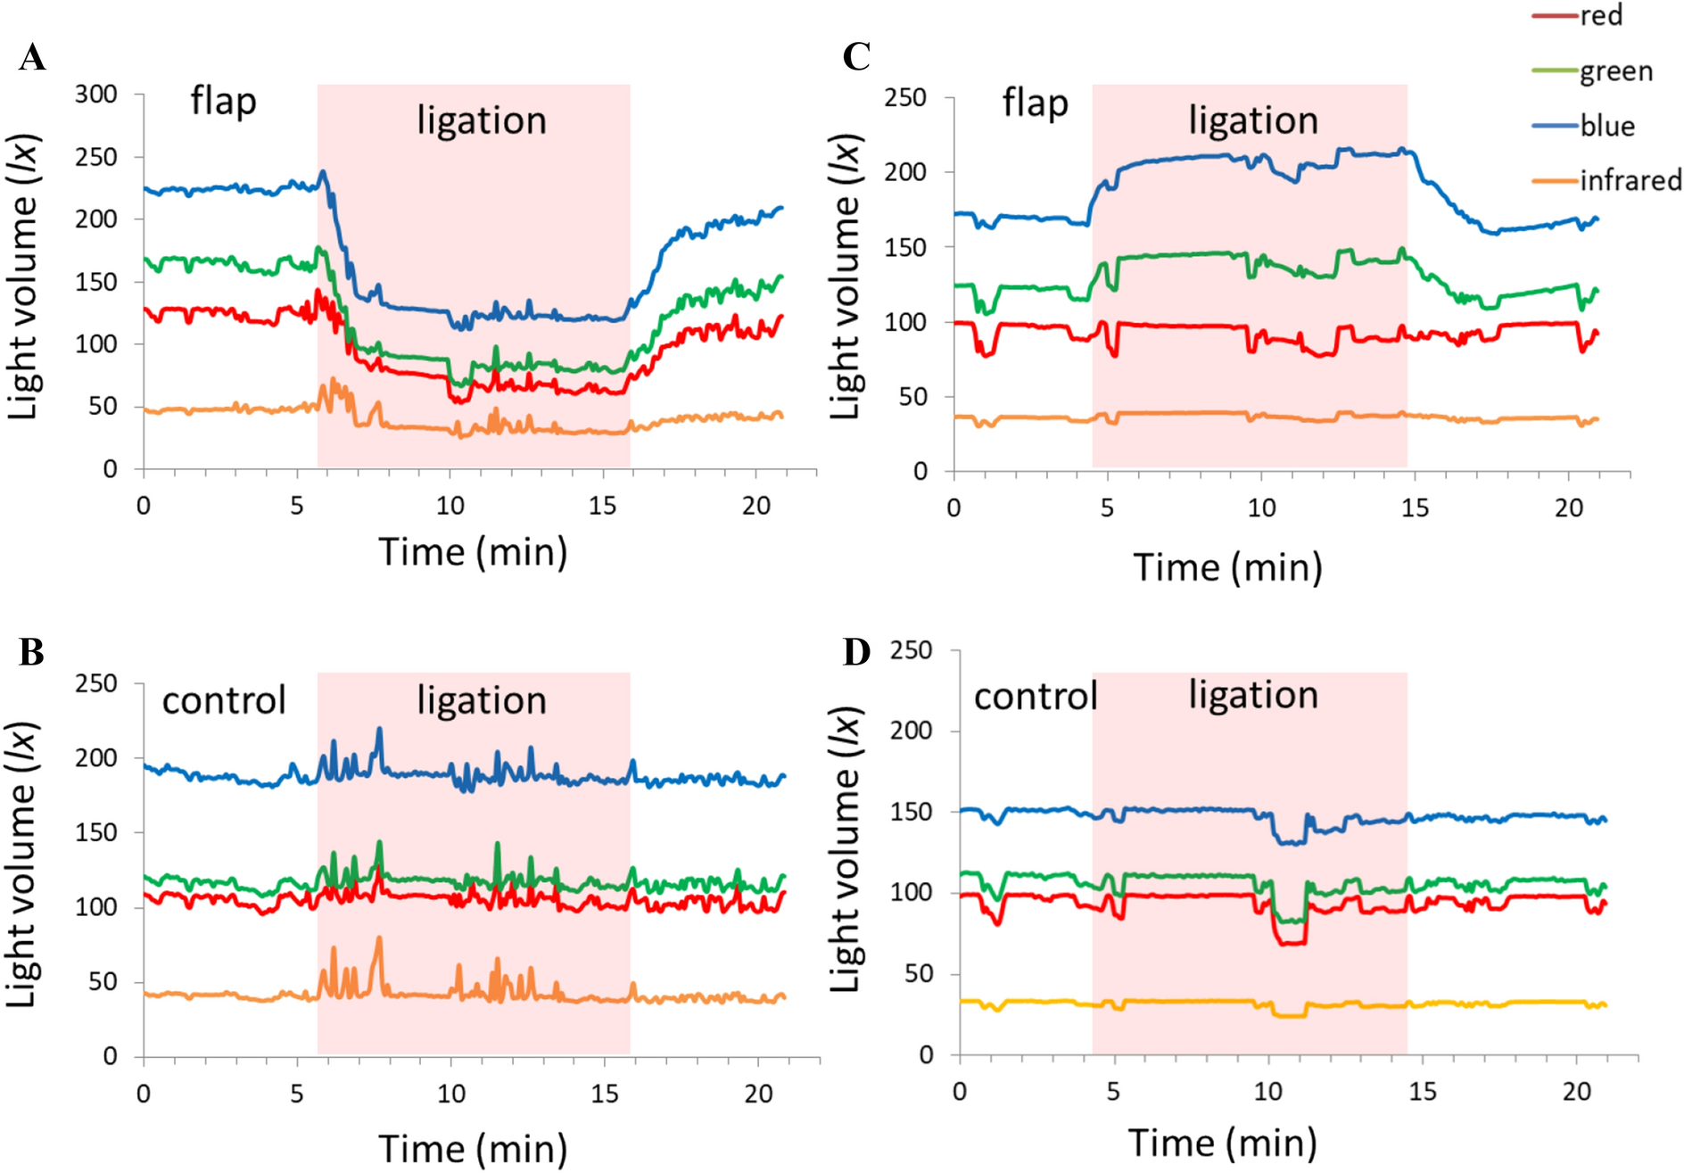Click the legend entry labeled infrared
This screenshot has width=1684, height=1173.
pyautogui.click(x=1630, y=180)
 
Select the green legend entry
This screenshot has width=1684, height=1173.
pyautogui.click(x=1615, y=71)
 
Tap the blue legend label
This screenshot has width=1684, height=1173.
pyautogui.click(x=1607, y=126)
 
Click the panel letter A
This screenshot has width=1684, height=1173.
pyautogui.click(x=32, y=58)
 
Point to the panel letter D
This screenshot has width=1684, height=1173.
pyautogui.click(x=856, y=652)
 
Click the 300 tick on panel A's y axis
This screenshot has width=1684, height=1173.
pyautogui.click(x=95, y=94)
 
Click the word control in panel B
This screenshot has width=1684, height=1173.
pyautogui.click(x=223, y=700)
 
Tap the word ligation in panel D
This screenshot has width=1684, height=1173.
pyautogui.click(x=1252, y=695)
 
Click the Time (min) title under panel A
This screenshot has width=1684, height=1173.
pyautogui.click(x=473, y=552)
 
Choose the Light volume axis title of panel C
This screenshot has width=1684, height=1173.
pyautogui.click(x=844, y=277)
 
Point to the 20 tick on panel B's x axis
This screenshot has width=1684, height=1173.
pyautogui.click(x=758, y=1094)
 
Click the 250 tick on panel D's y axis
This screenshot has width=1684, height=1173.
pyautogui.click(x=911, y=650)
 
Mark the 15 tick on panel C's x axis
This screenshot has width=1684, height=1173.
pyautogui.click(x=1415, y=508)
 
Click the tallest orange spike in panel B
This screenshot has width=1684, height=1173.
pyautogui.click(x=379, y=938)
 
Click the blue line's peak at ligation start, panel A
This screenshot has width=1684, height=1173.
pyautogui.click(x=323, y=171)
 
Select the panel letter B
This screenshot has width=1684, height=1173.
pyautogui.click(x=31, y=652)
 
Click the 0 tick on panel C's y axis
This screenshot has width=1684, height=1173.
pyautogui.click(x=920, y=471)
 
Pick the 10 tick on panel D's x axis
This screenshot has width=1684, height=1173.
pyautogui.click(x=1267, y=1091)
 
